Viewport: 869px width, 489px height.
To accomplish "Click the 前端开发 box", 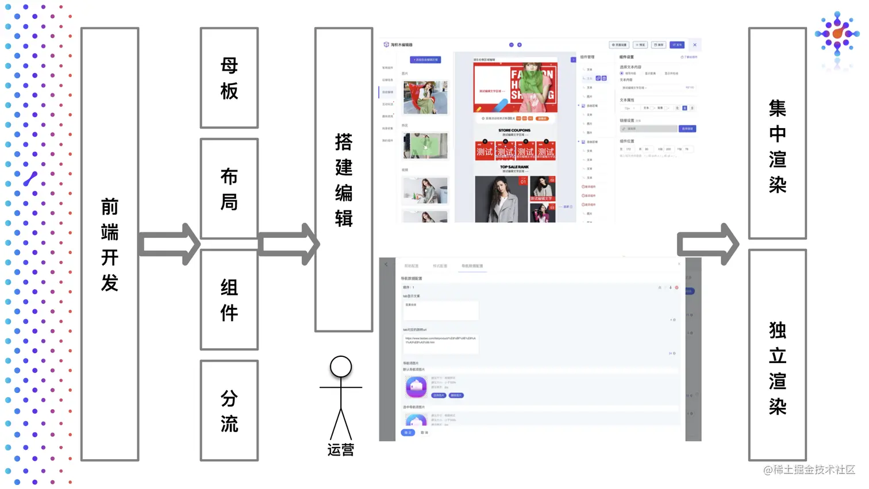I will (110, 244).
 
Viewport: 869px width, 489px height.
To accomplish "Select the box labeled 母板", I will (229, 78).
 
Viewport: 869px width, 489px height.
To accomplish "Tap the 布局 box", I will (229, 188).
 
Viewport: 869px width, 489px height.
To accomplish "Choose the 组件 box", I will (229, 299).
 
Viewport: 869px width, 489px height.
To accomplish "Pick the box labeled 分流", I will (229, 410).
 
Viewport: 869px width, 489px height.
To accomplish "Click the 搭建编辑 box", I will (344, 180).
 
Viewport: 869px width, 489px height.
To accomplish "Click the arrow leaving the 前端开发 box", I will (169, 244).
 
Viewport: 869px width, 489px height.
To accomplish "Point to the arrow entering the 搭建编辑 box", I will (288, 244).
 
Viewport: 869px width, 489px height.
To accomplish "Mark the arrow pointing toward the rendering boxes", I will (707, 244).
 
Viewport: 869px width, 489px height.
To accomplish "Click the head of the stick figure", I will (341, 367).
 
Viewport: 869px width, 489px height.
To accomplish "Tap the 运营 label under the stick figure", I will (341, 450).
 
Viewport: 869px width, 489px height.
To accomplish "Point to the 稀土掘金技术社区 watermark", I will (809, 470).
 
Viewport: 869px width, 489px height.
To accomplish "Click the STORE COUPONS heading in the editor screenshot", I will (514, 130).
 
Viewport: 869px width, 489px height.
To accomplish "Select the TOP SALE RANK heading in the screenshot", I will (514, 167).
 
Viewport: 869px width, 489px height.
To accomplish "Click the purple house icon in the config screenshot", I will (416, 387).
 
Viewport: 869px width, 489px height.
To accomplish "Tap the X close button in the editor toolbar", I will (694, 45).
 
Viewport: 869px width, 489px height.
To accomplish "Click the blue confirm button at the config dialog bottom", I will (407, 433).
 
